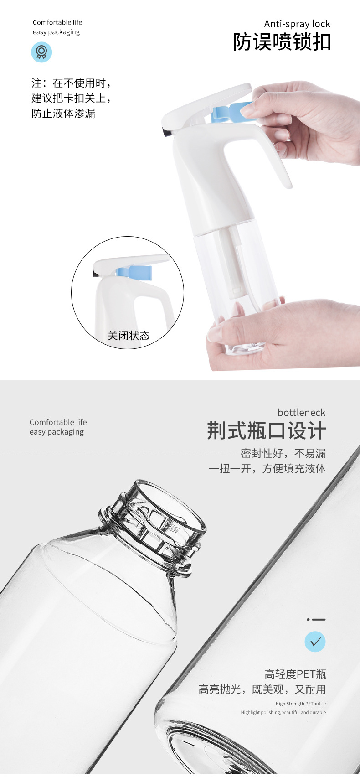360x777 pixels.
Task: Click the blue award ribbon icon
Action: (41, 52)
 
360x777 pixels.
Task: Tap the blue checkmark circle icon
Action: (315, 642)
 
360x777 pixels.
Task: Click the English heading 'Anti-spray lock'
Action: (297, 24)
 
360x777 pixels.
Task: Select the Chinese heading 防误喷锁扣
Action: (282, 42)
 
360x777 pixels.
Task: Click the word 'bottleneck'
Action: (301, 413)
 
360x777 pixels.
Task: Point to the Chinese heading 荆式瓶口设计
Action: (267, 431)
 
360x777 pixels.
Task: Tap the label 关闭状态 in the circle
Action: (129, 336)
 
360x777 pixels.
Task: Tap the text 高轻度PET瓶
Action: (295, 674)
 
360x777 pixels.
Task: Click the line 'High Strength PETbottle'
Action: (301, 704)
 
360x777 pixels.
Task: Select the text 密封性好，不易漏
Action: (283, 453)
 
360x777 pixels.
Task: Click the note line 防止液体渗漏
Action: (63, 114)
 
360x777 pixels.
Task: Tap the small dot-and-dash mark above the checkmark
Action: (316, 619)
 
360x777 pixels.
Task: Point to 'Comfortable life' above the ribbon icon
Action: (57, 22)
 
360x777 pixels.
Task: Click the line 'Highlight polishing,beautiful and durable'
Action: (283, 712)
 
